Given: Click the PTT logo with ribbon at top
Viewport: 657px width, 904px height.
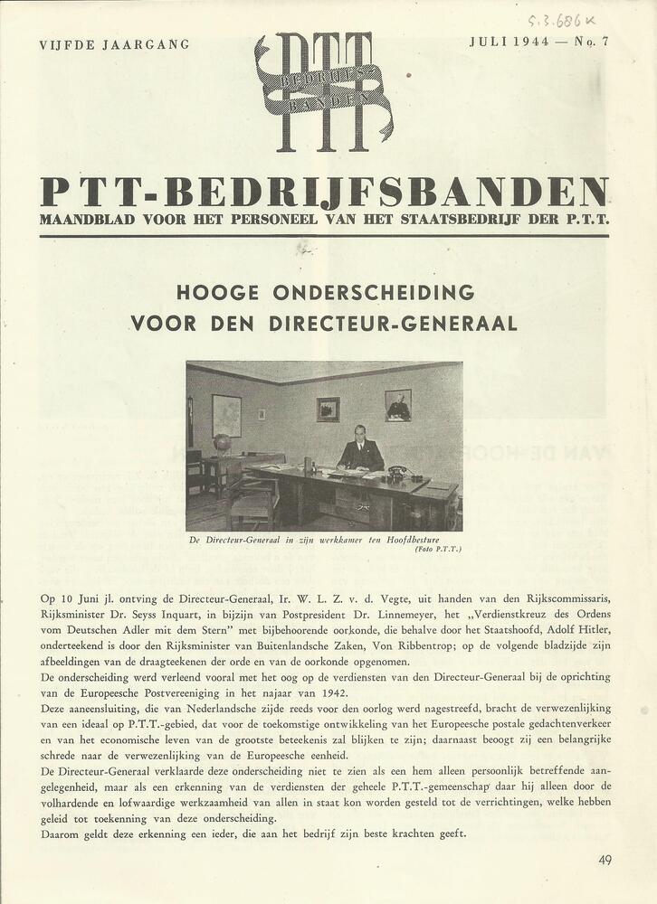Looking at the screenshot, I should [x=324, y=90].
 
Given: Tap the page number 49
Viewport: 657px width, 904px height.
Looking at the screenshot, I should [x=605, y=860].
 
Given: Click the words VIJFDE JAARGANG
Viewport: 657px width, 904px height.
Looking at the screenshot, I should [x=114, y=44].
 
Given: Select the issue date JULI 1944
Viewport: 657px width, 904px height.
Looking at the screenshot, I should [x=509, y=42].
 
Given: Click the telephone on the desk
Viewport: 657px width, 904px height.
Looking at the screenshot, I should [x=397, y=472].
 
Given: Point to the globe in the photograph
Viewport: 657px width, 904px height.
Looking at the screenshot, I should [x=222, y=444].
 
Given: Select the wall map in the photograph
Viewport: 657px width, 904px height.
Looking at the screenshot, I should [x=226, y=415].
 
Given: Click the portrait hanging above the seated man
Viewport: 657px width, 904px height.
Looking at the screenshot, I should [x=397, y=405].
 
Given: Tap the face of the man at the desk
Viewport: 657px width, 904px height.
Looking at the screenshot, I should [x=360, y=433].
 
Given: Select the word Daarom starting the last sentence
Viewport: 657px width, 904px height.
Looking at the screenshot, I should [x=62, y=833].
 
